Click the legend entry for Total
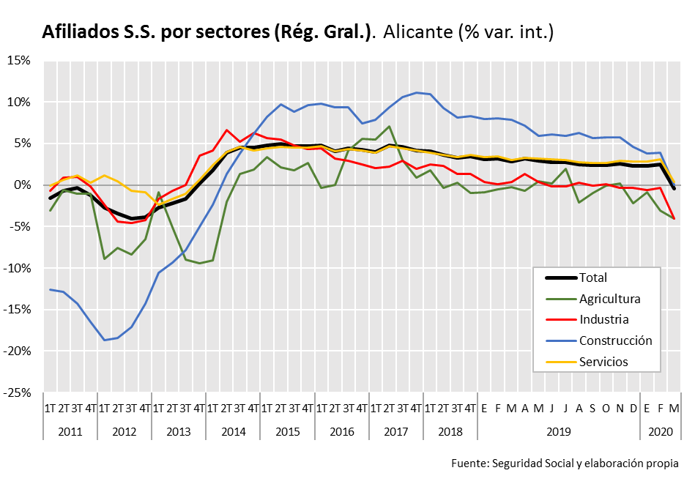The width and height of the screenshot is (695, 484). point(592,278)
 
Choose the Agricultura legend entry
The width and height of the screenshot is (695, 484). point(609,299)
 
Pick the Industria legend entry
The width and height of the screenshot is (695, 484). point(603,319)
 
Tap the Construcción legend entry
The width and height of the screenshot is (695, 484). point(615,340)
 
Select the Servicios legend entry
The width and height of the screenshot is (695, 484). point(603,362)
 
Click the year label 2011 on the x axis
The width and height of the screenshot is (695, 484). point(70,431)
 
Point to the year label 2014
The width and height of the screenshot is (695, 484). point(233,431)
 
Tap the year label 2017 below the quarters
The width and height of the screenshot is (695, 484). point(396,431)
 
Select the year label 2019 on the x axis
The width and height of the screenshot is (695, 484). point(559,431)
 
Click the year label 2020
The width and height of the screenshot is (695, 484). point(661,431)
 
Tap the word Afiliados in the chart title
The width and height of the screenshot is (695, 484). point(78,31)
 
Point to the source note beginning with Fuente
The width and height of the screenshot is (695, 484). point(565,463)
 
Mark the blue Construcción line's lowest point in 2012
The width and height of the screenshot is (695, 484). point(105,340)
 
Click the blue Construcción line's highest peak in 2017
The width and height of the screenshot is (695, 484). point(417,92)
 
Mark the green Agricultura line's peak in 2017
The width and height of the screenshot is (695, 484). point(389,127)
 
